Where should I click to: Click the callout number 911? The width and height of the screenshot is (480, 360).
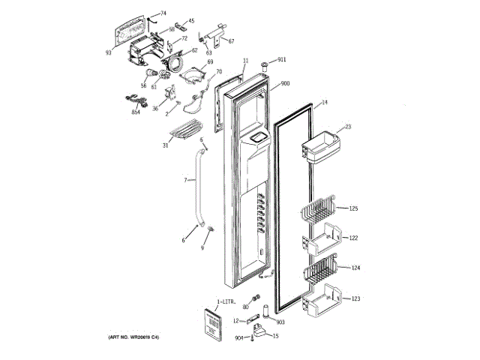[282, 59]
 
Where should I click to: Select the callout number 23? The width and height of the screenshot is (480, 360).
[348, 127]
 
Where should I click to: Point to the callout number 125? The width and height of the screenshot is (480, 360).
[353, 207]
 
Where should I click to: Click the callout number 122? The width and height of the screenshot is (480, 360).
[353, 238]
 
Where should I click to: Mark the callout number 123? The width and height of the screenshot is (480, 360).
[355, 298]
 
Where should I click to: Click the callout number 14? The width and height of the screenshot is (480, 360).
[325, 102]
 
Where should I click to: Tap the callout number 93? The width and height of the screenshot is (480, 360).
[108, 52]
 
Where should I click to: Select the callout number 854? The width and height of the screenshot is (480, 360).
[136, 112]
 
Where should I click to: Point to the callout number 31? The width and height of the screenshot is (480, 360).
[165, 145]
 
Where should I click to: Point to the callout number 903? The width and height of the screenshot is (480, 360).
[280, 322]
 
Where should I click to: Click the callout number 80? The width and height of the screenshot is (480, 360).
[245, 307]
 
